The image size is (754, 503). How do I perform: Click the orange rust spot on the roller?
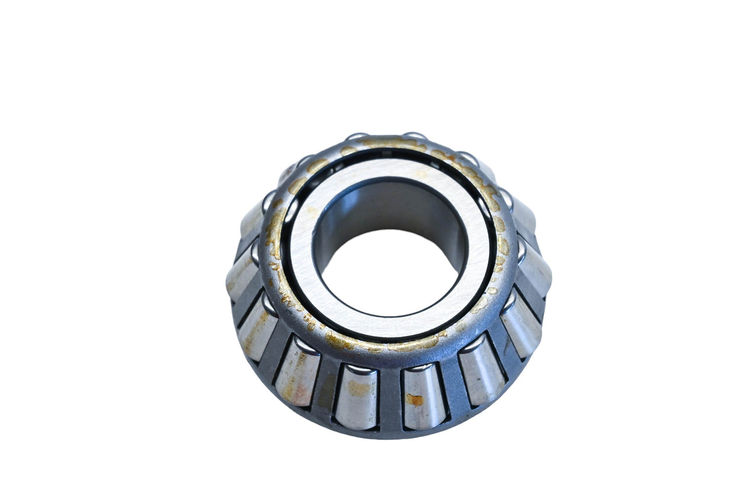coord(416,400)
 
